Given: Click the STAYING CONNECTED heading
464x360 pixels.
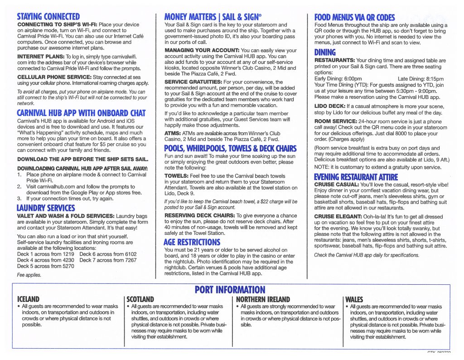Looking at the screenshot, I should coord(48,18).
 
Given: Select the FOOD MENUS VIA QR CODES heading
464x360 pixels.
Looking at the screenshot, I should coord(354,18).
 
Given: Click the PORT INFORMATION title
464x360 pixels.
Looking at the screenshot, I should coord(230,290).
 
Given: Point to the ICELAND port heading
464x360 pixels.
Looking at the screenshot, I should coord(28,300).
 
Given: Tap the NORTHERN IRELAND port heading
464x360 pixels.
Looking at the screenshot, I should coord(263,300).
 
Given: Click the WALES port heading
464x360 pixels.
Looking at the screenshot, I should coord(354,300).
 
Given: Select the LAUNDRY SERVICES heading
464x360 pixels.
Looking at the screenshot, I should coord(46,208).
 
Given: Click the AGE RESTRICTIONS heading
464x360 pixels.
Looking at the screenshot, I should coord(192,242).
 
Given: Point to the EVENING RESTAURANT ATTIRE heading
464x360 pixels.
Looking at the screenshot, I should coord(356,177).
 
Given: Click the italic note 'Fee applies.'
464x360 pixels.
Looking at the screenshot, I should coord(29,275).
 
